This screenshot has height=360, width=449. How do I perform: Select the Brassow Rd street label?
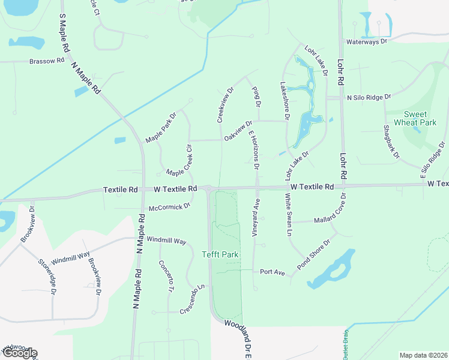point(47,61)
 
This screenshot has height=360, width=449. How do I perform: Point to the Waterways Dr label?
point(367,42)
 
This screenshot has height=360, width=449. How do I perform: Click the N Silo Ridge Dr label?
point(369,97)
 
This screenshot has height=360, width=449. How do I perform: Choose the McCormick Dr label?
point(169,205)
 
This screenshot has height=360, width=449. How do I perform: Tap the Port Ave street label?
point(272,272)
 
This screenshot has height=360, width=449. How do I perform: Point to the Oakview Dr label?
point(238,130)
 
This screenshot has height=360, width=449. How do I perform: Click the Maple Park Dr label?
point(161,127)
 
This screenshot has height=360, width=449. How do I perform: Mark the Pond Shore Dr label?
point(315,254)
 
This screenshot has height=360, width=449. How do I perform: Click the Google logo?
point(19,353)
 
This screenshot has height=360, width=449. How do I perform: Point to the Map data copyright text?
point(423,355)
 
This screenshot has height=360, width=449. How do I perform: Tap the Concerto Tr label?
point(166,276)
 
